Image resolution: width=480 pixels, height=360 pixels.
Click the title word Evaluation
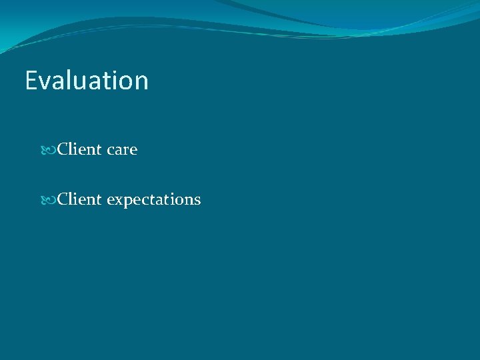click(x=87, y=81)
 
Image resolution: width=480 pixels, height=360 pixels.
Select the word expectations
click(x=153, y=200)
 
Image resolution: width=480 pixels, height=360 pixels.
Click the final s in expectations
click(x=197, y=201)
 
